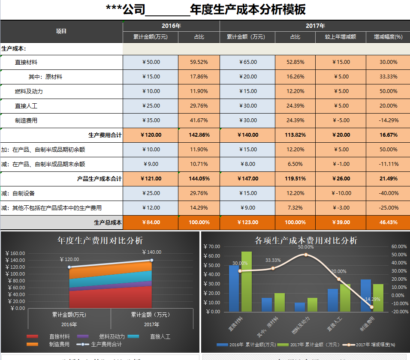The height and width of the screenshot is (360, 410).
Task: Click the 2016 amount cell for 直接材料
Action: (151, 62)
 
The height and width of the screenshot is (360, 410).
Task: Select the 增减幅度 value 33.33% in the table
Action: (388, 77)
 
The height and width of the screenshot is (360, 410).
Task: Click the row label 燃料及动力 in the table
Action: (29, 91)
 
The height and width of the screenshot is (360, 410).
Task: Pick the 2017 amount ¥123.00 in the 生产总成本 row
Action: (247, 222)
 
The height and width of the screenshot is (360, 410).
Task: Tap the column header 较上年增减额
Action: (341, 37)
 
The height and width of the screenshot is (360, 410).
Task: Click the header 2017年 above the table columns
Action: (315, 26)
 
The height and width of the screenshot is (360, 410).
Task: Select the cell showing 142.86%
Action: (199, 135)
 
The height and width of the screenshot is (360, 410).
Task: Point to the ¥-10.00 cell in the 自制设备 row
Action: (341, 193)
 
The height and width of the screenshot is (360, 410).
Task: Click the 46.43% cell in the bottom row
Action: (388, 222)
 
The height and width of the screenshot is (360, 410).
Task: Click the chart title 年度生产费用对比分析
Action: (100, 240)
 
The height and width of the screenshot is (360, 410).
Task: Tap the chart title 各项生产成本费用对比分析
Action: (306, 240)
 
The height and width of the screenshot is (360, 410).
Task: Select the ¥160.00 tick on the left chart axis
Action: (15, 253)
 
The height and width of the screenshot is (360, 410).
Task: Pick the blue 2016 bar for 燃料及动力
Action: (299, 307)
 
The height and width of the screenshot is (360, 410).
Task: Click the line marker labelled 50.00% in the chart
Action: (306, 255)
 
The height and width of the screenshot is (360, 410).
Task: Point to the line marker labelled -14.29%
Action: (371, 307)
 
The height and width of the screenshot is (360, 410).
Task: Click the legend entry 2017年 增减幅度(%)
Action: (371, 345)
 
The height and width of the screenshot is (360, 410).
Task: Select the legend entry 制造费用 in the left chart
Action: (59, 344)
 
